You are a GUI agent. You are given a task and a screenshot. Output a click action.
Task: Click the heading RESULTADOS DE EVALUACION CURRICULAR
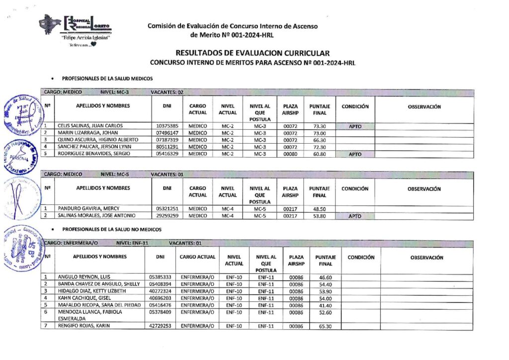pos(253,53)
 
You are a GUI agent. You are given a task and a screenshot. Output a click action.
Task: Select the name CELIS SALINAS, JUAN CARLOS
pos(90,126)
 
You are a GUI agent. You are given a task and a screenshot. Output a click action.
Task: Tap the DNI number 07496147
pos(167,133)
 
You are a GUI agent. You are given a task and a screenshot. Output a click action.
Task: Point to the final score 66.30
pos(319,140)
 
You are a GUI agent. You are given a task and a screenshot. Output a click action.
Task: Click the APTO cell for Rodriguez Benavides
pos(354,154)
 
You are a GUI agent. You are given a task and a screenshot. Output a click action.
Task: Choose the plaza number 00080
pos(290,154)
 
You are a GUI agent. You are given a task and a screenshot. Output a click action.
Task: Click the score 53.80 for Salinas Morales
pos(319,216)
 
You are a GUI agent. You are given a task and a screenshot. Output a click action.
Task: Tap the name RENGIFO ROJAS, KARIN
pos(84,326)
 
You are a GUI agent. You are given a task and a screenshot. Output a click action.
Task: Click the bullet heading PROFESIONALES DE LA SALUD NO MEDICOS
pos(111,230)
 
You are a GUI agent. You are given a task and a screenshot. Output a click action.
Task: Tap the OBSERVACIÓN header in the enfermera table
pos(426,258)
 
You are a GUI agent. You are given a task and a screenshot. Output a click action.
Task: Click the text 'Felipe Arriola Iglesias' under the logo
pos(85,38)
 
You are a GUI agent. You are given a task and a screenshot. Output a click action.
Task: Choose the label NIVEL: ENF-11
pos(132,243)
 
